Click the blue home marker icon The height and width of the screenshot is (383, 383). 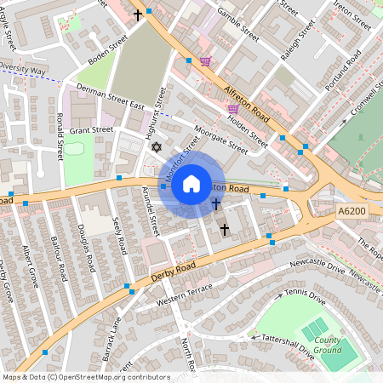191,184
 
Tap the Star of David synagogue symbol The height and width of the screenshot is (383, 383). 156,148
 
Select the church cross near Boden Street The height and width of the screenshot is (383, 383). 138,14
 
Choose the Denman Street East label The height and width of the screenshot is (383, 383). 110,95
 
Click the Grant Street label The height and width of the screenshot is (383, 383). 91,130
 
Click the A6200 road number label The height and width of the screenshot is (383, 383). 352,210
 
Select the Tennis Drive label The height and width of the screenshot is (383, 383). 305,296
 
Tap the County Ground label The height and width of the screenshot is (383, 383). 327,346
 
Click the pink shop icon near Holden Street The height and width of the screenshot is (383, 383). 233,109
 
